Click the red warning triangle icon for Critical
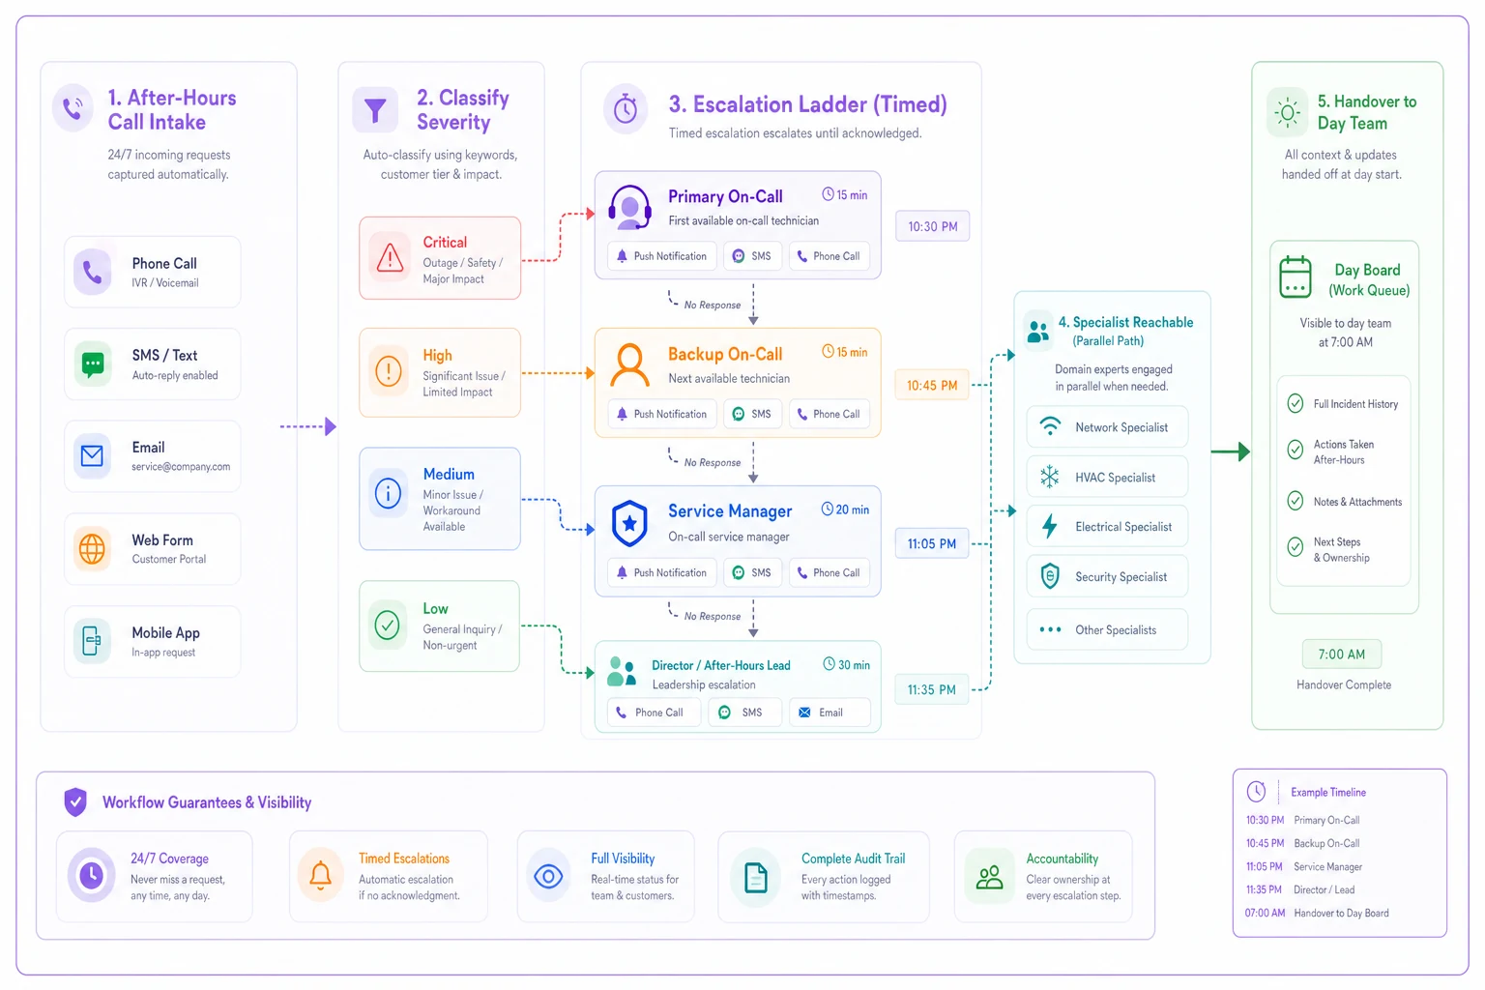click(390, 258)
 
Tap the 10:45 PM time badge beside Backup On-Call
click(931, 385)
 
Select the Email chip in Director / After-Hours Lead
click(830, 713)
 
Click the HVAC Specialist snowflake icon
click(1049, 477)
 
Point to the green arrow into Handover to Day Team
click(1231, 451)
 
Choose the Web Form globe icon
click(92, 548)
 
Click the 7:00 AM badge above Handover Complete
click(1341, 655)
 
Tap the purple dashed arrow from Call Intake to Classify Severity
click(308, 426)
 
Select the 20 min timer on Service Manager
click(845, 510)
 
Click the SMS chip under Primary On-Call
click(752, 256)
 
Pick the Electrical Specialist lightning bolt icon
click(1049, 526)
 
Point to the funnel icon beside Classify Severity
click(375, 110)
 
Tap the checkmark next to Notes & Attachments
click(1296, 501)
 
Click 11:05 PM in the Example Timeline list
click(1264, 866)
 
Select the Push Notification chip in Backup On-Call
click(662, 414)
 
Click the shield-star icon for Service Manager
click(629, 523)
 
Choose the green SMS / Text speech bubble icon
click(93, 364)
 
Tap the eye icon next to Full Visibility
click(548, 877)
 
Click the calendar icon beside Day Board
click(1296, 277)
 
